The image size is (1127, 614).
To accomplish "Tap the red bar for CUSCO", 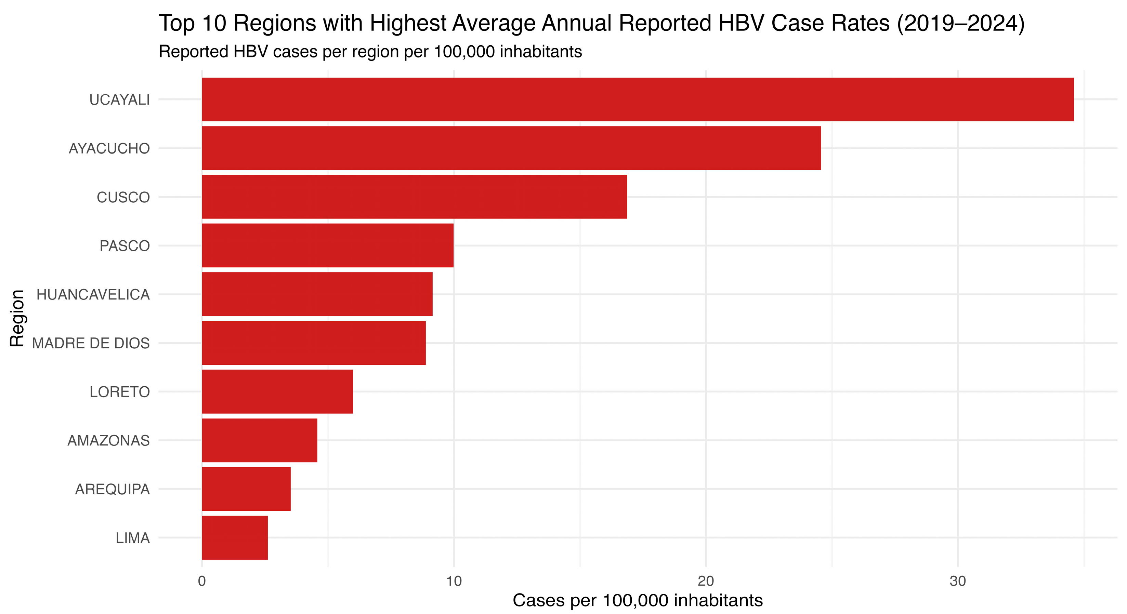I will click(x=414, y=197).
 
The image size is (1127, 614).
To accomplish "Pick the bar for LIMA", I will click(x=235, y=537).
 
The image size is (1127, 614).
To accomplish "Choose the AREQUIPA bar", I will click(x=246, y=489).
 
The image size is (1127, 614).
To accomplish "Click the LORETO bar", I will click(x=277, y=391).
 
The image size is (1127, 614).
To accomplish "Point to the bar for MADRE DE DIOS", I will click(x=313, y=343).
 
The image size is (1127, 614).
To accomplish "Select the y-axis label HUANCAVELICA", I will click(x=93, y=294).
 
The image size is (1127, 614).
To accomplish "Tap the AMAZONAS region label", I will click(x=108, y=440).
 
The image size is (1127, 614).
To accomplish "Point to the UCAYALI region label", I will click(x=119, y=100).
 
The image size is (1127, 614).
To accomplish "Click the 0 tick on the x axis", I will click(x=202, y=581).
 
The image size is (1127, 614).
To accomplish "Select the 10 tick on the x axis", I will click(x=454, y=581).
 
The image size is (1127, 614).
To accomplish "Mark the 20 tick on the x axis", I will click(x=706, y=581).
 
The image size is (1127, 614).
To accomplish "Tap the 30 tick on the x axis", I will click(x=958, y=581).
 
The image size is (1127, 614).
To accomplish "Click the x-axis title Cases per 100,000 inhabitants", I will click(x=638, y=600).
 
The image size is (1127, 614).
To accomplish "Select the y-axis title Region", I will click(x=17, y=318).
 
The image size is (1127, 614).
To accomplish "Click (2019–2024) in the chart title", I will click(x=961, y=24).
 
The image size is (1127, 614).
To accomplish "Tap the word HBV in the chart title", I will click(x=741, y=24).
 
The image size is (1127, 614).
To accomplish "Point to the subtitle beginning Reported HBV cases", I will click(x=370, y=52).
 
